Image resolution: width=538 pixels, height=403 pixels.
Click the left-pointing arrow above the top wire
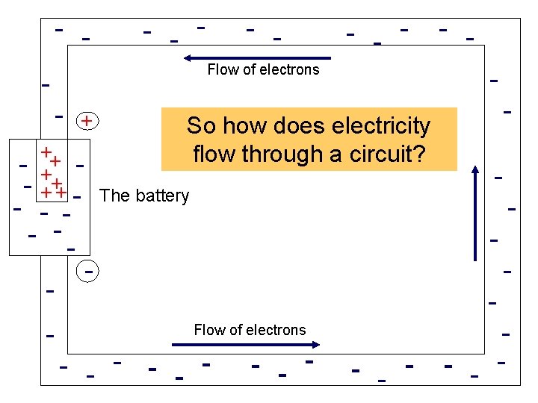coord(257,57)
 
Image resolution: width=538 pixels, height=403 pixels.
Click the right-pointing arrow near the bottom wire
coord(246,344)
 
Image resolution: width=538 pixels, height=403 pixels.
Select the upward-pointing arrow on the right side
coord(475,213)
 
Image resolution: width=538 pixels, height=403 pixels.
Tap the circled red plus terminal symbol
coord(87,121)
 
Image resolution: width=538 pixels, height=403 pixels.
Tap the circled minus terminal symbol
coord(87,272)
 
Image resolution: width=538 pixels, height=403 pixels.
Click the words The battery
coord(144,196)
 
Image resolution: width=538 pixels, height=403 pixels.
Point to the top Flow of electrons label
coord(263,70)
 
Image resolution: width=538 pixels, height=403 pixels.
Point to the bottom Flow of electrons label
coord(250,330)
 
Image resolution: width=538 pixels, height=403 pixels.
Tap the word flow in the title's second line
coord(213,154)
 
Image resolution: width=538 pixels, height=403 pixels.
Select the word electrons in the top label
coord(290,70)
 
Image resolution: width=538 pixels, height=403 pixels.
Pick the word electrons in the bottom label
coord(276,330)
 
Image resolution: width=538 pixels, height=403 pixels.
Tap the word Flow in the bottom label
coord(208,330)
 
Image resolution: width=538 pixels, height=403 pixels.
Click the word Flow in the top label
coord(221,70)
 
